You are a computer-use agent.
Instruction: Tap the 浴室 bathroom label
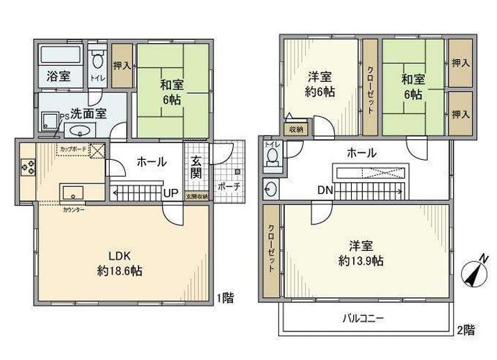tap(58, 76)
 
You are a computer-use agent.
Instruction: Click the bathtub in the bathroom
tap(60, 54)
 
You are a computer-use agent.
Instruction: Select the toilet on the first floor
tap(98, 58)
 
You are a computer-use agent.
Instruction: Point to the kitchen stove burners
tap(28, 167)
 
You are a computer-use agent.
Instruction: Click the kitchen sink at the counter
tap(72, 191)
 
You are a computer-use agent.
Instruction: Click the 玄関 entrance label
tap(196, 167)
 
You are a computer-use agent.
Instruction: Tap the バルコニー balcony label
tap(363, 319)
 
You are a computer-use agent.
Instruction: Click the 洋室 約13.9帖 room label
tap(361, 254)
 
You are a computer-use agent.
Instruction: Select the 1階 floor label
tap(224, 297)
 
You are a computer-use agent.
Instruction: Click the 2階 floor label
tap(466, 329)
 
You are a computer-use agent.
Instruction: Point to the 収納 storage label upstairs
tap(296, 129)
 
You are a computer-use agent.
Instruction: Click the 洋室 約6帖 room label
tap(319, 84)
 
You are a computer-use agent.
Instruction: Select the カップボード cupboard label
tap(74, 149)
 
